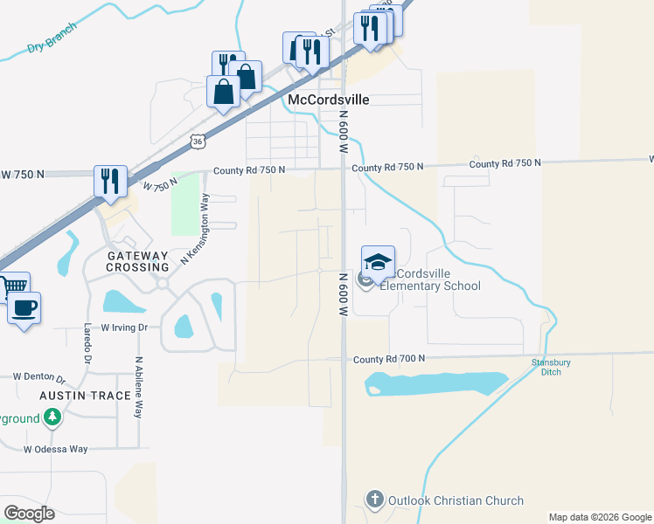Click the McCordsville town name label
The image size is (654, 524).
[x=328, y=100]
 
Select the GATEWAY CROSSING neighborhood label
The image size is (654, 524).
[x=137, y=260]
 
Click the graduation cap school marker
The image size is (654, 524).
[x=378, y=262]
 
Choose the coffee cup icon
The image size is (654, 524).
[x=24, y=308]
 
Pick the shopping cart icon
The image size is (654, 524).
[x=14, y=286]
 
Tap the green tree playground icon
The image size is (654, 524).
[x=52, y=418]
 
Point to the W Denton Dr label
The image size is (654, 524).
[x=39, y=377]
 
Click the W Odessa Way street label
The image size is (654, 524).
[x=56, y=449]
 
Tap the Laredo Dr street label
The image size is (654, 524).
[x=87, y=343]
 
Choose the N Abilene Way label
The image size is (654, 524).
[x=138, y=387]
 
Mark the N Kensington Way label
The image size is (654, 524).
[x=196, y=230]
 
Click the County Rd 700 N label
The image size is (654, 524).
[x=389, y=359]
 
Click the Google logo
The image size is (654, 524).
[x=29, y=514]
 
